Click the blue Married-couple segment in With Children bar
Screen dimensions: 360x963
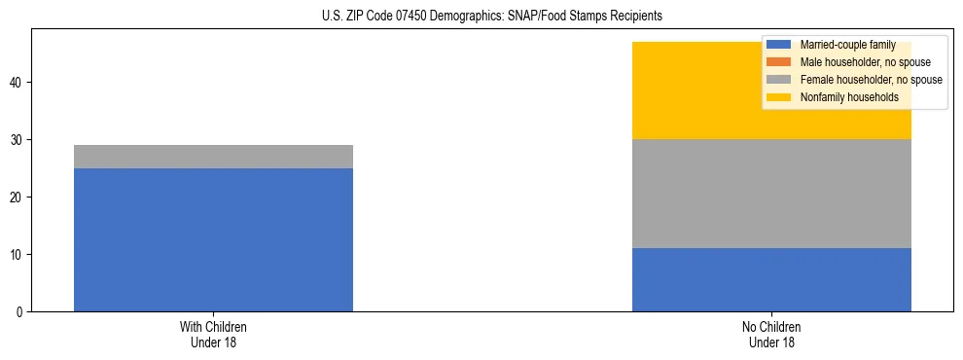pos(213,239)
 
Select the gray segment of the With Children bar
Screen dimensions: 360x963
pos(213,157)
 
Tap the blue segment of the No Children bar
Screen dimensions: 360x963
pos(771,279)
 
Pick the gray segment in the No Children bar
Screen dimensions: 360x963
pos(771,194)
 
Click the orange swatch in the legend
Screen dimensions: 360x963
pos(779,62)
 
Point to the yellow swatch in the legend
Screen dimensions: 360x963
pos(779,97)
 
